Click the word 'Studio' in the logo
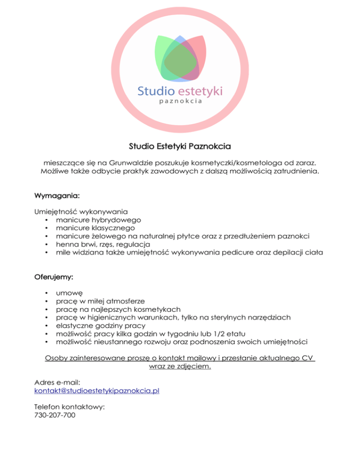pos(157,90)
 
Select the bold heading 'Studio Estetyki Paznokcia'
pos(180,140)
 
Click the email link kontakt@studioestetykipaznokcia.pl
pos(97,390)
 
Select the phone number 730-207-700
pos(55,415)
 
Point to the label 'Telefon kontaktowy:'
pos(69,407)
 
